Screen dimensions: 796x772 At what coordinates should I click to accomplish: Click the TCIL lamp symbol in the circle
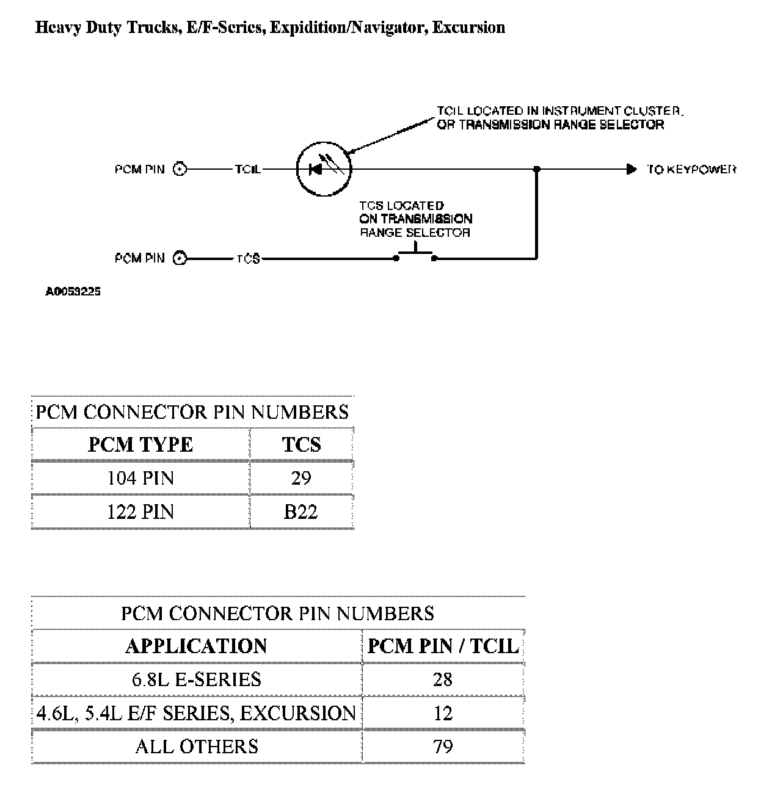324,169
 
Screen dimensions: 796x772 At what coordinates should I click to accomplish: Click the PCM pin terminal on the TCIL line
180,169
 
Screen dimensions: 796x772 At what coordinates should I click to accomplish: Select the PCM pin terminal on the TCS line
180,258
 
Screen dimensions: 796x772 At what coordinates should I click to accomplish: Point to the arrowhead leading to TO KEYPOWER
632,169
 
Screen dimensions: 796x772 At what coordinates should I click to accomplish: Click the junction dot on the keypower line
536,169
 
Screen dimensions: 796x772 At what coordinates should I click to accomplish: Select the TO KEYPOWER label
691,169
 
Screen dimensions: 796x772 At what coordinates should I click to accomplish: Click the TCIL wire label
248,169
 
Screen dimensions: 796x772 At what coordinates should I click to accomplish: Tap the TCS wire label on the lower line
248,259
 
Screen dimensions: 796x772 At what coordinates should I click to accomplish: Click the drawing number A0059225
73,292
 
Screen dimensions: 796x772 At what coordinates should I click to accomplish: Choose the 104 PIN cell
140,477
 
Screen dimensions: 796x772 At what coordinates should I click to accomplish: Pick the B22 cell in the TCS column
301,511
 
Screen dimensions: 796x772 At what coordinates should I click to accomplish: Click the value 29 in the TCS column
301,477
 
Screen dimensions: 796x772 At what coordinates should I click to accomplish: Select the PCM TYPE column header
140,444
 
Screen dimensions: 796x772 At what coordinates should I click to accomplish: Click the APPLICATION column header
196,646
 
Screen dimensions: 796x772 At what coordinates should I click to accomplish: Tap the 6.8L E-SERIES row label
196,679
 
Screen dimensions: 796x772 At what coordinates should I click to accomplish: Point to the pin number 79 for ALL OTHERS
443,746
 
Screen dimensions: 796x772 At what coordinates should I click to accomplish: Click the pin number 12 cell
443,713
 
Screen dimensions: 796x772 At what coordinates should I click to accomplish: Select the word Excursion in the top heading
468,27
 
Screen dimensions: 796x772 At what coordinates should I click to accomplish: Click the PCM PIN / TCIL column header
443,646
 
